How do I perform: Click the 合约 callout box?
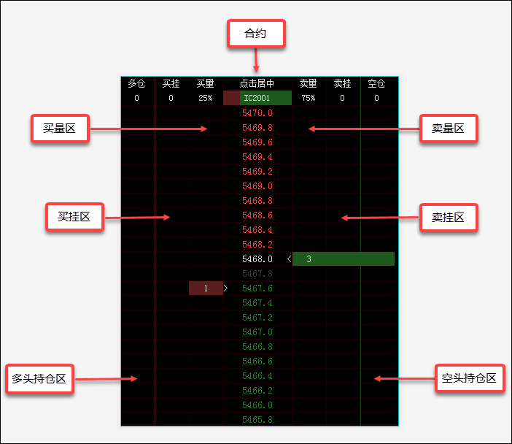256,34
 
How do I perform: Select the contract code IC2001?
257,98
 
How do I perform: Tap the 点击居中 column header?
257,84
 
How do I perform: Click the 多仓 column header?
136,84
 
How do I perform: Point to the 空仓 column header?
376,84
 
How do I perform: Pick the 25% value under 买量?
206,98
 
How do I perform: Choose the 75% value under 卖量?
309,98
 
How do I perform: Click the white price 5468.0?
257,259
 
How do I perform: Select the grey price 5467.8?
257,274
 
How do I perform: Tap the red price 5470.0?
257,113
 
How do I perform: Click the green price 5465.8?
257,420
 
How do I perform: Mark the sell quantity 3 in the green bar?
309,259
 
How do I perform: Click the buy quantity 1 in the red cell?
206,288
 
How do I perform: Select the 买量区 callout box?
60,129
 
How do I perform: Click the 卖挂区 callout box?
449,218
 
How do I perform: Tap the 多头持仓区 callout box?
39,378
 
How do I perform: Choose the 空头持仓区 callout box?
470,378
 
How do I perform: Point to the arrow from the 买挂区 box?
137,218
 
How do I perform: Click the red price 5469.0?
257,186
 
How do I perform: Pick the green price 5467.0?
257,332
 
